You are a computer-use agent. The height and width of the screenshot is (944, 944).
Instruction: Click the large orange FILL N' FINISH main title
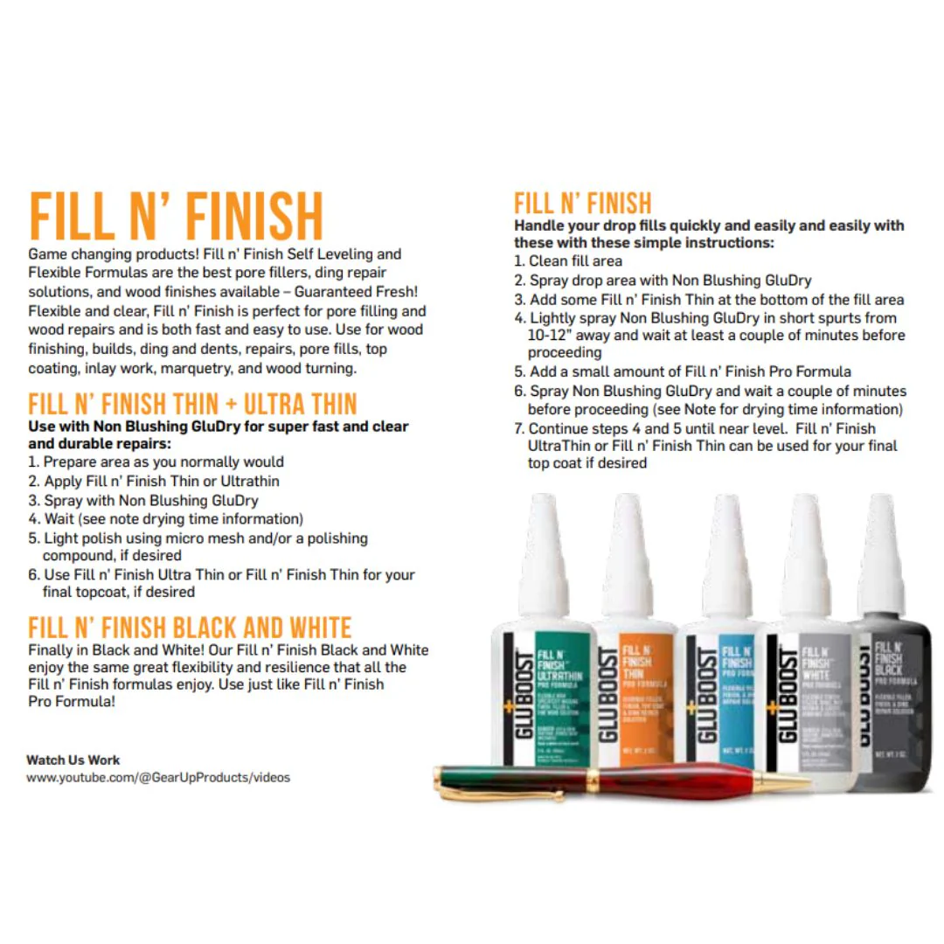(x=176, y=217)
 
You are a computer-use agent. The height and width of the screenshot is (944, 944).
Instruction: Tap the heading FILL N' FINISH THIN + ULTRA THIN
(x=192, y=405)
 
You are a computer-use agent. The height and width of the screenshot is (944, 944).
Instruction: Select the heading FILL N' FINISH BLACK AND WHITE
(x=190, y=628)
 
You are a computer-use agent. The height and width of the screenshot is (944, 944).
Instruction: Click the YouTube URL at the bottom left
(x=158, y=777)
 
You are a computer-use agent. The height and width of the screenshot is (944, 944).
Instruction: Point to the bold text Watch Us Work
(x=73, y=760)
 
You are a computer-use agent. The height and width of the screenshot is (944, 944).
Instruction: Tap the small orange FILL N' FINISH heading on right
(x=582, y=204)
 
